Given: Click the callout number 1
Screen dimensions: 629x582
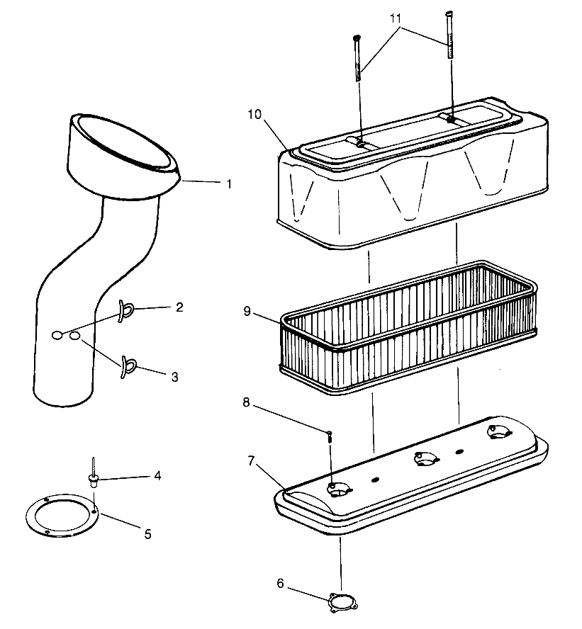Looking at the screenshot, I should [229, 183].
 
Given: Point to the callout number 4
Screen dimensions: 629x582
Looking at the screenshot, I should [157, 475].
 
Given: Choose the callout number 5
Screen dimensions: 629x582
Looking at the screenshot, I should [147, 534].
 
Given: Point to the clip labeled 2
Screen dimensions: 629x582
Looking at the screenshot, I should [127, 308].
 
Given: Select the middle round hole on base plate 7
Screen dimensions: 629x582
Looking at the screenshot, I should [426, 460].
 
